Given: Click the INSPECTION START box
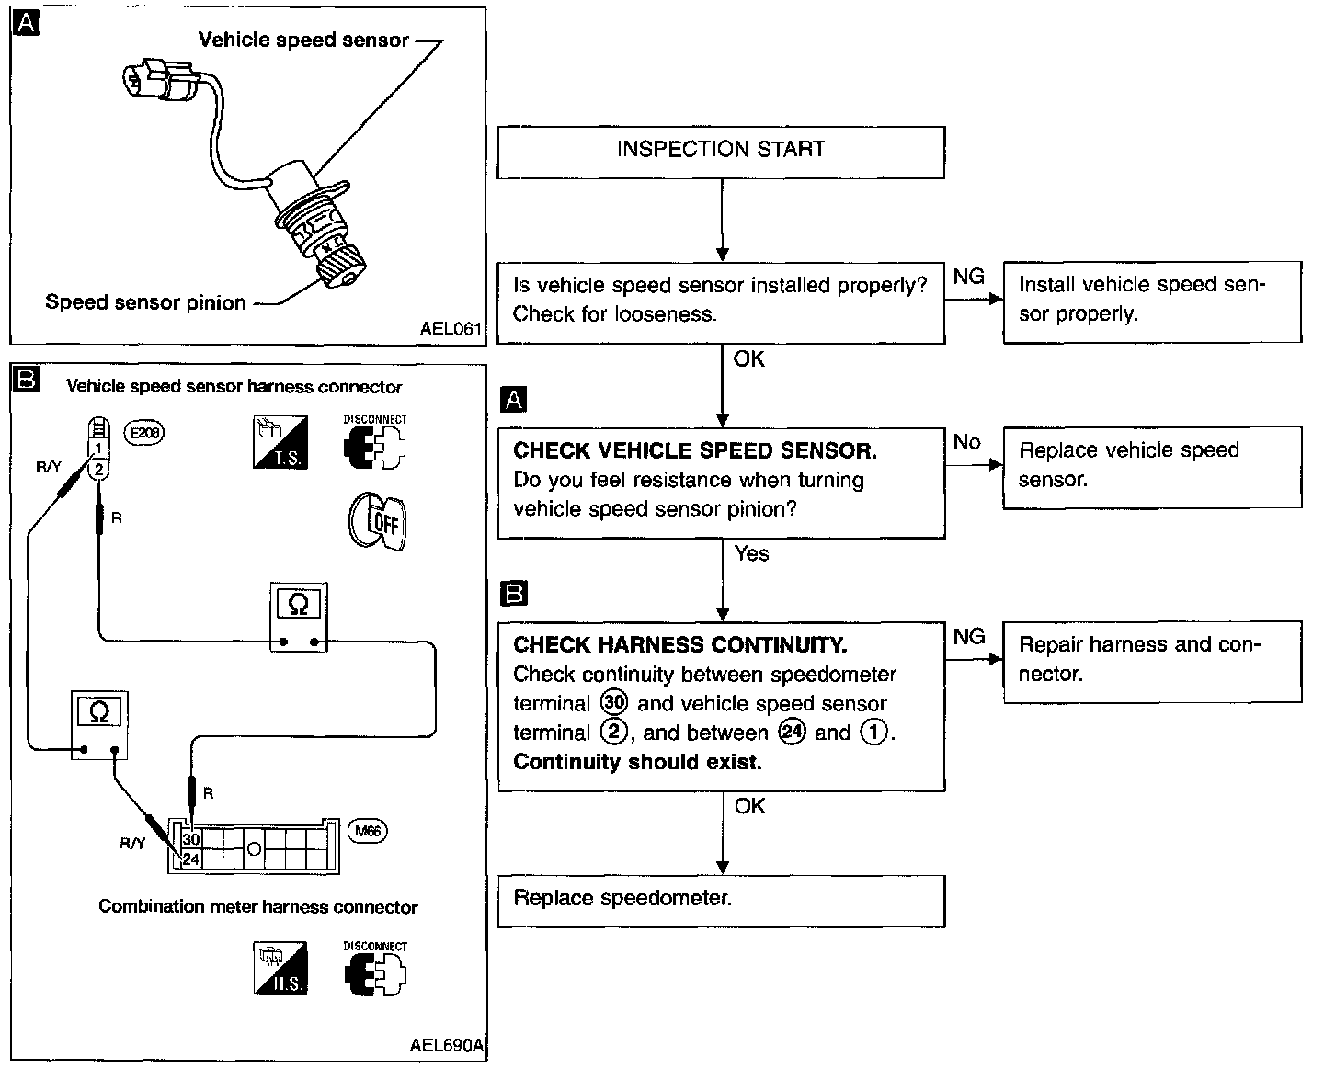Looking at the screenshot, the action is pyautogui.click(x=721, y=153).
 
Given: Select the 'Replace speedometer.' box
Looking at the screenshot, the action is pyautogui.click(x=721, y=901).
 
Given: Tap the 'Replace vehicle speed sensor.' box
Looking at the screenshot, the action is pyautogui.click(x=1152, y=467).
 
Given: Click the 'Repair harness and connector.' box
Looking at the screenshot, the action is pyautogui.click(x=1152, y=662).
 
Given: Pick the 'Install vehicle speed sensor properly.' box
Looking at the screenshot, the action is pyautogui.click(x=1152, y=302).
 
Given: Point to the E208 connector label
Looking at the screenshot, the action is pyautogui.click(x=144, y=433).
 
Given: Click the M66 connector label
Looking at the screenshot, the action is pyautogui.click(x=367, y=831).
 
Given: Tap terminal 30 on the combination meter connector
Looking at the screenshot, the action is pyautogui.click(x=190, y=839).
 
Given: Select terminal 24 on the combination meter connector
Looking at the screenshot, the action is pyautogui.click(x=190, y=858).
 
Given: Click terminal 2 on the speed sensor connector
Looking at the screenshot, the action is pyautogui.click(x=98, y=470).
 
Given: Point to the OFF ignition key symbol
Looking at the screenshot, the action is pyautogui.click(x=377, y=521).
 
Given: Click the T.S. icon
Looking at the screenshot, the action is pyautogui.click(x=280, y=442).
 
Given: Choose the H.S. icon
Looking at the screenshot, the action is pyautogui.click(x=280, y=968).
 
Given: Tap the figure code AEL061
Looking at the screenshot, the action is pyautogui.click(x=451, y=329).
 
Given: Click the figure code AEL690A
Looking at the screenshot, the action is pyautogui.click(x=447, y=1045).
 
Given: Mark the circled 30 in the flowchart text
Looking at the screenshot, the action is pyautogui.click(x=613, y=702).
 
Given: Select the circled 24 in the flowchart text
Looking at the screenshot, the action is pyautogui.click(x=792, y=732).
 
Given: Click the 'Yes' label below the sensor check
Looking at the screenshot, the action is pyautogui.click(x=751, y=553).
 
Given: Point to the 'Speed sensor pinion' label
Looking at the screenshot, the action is pyautogui.click(x=146, y=302).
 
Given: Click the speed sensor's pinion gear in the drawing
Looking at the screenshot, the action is pyautogui.click(x=340, y=265).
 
